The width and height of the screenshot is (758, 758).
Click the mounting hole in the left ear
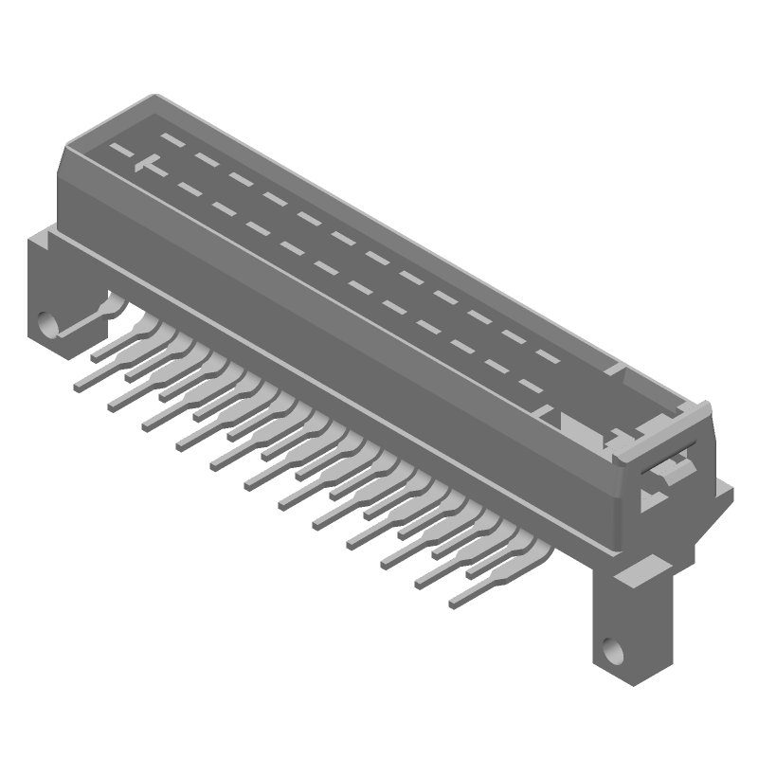[47, 325]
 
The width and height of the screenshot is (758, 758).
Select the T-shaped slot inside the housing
[145, 165]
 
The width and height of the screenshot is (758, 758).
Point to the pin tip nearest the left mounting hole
[96, 357]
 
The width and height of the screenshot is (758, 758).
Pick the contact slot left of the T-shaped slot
[117, 152]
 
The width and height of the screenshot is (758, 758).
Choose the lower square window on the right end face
[652, 494]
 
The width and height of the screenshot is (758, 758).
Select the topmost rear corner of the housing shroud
[152, 97]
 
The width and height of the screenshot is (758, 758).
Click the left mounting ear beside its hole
[38, 294]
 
